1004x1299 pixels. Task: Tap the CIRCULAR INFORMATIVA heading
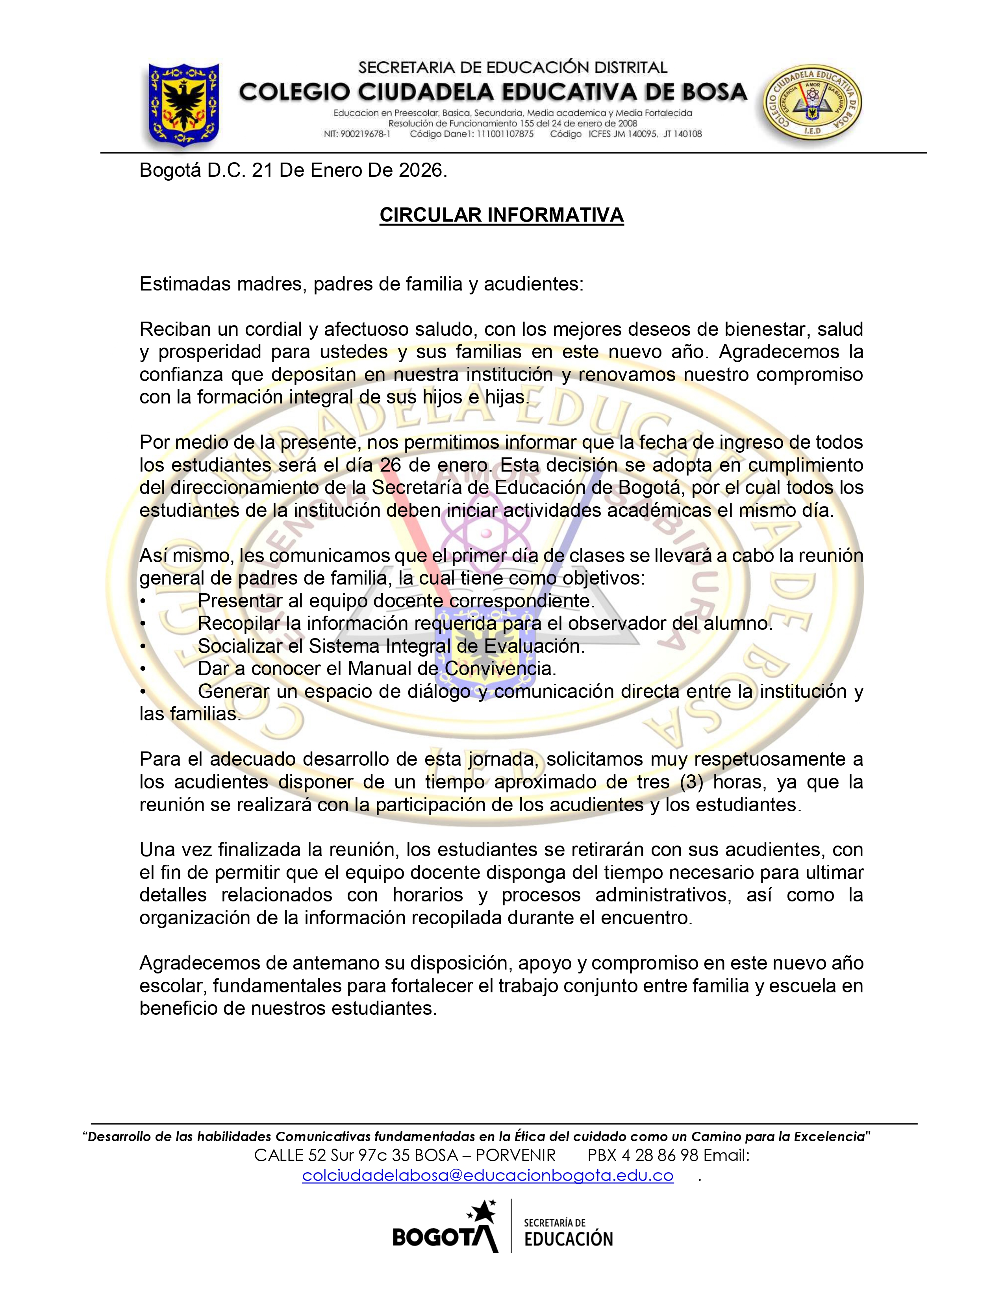501,215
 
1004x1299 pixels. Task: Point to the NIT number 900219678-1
365,134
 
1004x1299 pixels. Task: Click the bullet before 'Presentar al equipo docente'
143,601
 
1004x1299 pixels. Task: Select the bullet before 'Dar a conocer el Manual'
143,668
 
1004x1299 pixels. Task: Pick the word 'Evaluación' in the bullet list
534,646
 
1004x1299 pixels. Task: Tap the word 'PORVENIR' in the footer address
516,1155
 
